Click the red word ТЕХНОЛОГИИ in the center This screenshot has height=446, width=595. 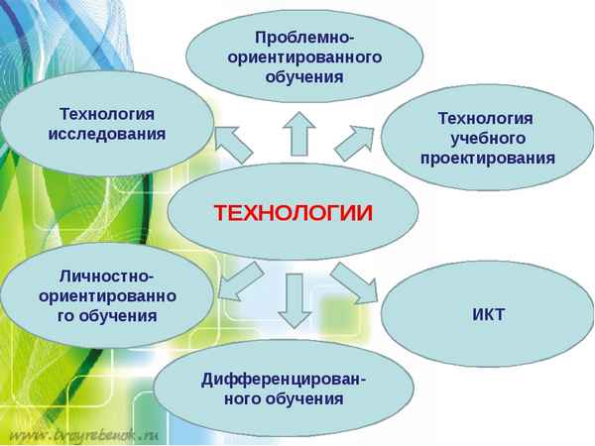pos(294,212)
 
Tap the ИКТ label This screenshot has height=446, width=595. pos(489,315)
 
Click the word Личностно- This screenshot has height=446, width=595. pos(107,277)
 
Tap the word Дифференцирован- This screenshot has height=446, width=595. pos(284,380)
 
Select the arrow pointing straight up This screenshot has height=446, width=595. pos(297,133)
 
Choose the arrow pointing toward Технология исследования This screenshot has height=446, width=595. pos(234,142)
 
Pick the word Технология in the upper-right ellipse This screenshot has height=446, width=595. pos(487,118)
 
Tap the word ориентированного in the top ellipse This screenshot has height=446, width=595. pos(304,57)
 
